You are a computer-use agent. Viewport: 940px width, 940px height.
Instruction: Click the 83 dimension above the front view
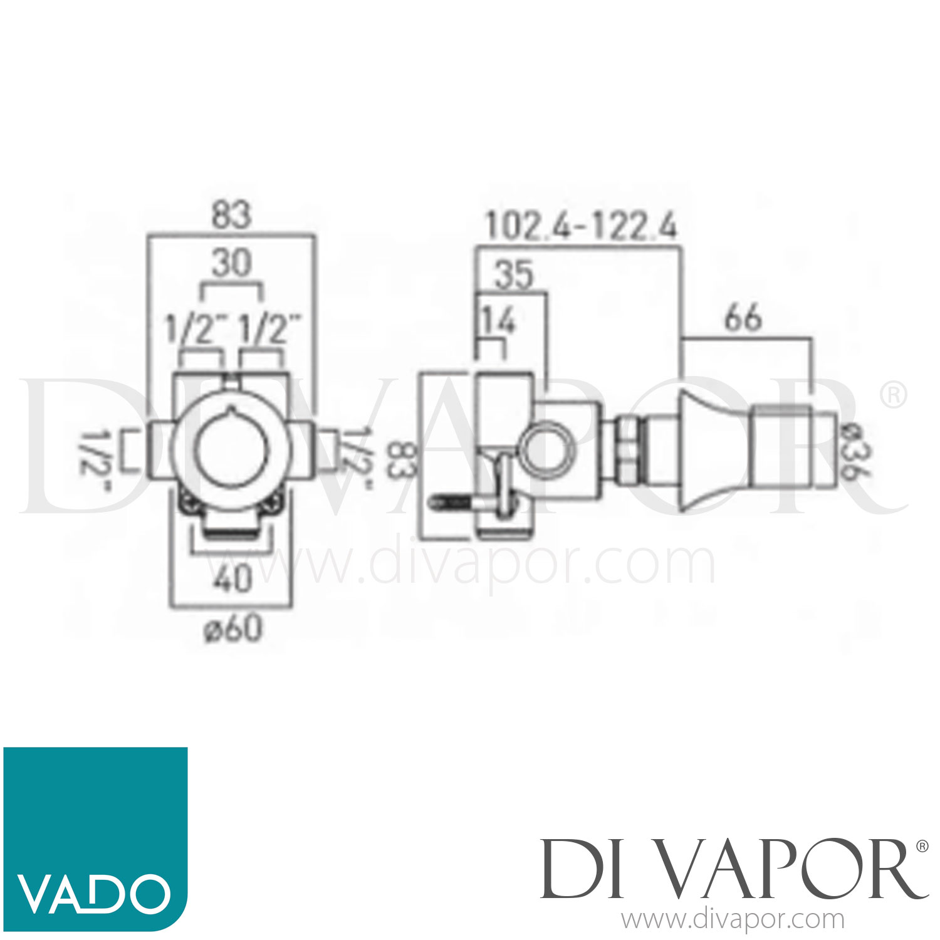(231, 214)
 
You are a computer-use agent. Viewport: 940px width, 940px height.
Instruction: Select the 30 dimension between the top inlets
(231, 263)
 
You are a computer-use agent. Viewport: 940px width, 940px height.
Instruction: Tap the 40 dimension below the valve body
(232, 578)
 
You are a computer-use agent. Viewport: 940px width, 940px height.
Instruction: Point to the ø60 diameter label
(232, 629)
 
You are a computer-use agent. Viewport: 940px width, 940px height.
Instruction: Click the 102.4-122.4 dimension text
(581, 226)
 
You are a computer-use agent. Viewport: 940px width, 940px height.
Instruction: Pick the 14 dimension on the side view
(498, 320)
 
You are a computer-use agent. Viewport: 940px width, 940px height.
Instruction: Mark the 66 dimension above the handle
(743, 317)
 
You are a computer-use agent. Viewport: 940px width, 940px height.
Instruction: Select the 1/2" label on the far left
(94, 461)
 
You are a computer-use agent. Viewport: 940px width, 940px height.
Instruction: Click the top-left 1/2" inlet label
(194, 329)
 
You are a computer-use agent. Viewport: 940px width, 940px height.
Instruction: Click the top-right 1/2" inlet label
(269, 329)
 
